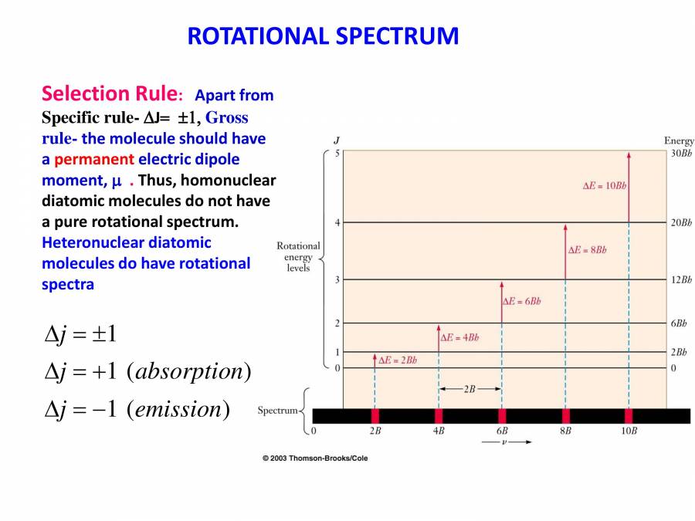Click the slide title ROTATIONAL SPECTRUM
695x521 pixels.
pos(323,36)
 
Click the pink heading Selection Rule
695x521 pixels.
pos(109,94)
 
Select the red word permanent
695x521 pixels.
pos(93,159)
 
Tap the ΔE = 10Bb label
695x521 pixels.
pos(604,187)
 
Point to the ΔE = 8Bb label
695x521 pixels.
pos(588,250)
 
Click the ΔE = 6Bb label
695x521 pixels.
pos(522,301)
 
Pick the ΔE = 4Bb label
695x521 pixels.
pos(459,337)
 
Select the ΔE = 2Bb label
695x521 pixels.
pos(397,360)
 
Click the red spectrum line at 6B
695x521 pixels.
pos(502,416)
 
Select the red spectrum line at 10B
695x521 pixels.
pos(629,416)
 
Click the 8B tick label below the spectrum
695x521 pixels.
pos(565,431)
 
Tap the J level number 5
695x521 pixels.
pos(336,154)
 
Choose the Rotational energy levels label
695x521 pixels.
pos(297,256)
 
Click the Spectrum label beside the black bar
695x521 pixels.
pos(277,411)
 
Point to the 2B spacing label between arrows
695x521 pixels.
pos(470,390)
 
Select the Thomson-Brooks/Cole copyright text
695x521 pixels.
pos(315,458)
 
